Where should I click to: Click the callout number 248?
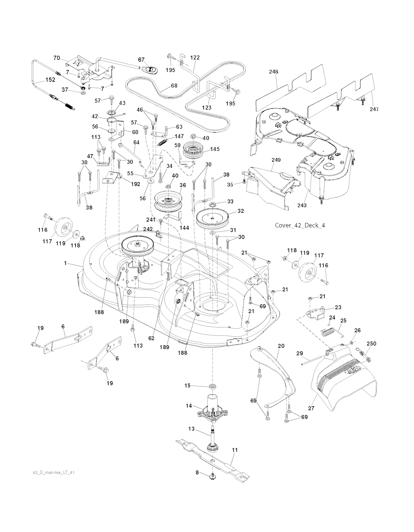coord(273,72)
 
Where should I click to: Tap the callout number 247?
coord(374,109)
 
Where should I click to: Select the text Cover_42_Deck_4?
coord(300,226)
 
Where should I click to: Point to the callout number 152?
coord(50,80)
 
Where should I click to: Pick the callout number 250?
coord(371,344)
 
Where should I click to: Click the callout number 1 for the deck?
coord(65,263)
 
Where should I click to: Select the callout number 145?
coord(215,149)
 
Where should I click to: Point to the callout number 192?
coord(135,184)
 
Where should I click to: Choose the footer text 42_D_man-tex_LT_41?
coord(53,473)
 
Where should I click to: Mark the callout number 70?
coord(57,58)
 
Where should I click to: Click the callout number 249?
coord(276,160)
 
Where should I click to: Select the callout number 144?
coord(184,228)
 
